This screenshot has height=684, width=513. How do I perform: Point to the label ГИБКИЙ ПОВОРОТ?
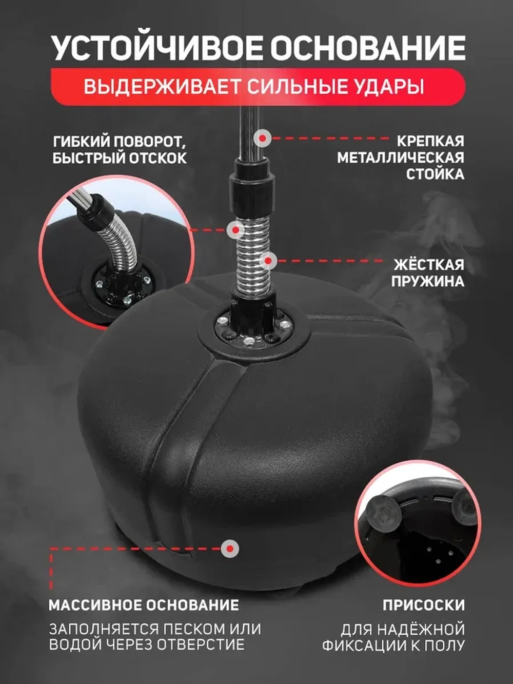pos(120,142)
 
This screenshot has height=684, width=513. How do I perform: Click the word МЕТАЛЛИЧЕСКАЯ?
pos(401,158)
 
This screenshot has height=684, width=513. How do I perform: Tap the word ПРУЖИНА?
pos(428,281)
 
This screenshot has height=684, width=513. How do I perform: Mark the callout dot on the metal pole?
pos(263,138)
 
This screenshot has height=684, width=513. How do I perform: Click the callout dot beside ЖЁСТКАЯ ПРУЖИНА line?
pos(268,261)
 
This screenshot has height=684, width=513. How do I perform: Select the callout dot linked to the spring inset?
pos(236,230)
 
